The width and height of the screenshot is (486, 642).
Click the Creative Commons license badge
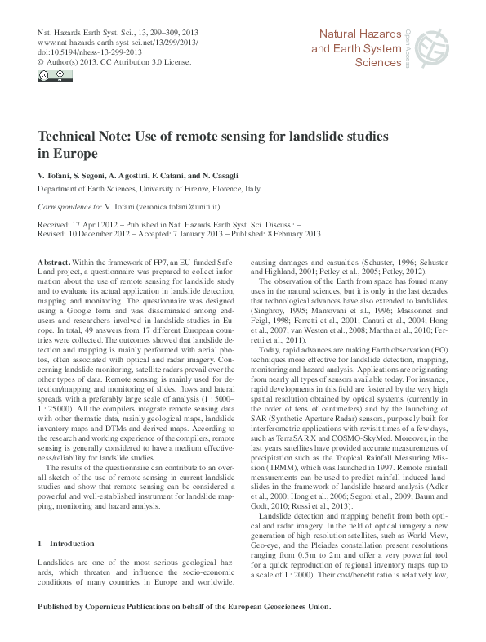click(51, 77)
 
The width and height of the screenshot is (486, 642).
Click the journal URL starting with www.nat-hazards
click(118, 41)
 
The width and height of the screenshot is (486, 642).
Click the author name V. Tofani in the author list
click(57, 176)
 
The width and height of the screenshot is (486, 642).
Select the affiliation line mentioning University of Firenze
click(149, 188)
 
